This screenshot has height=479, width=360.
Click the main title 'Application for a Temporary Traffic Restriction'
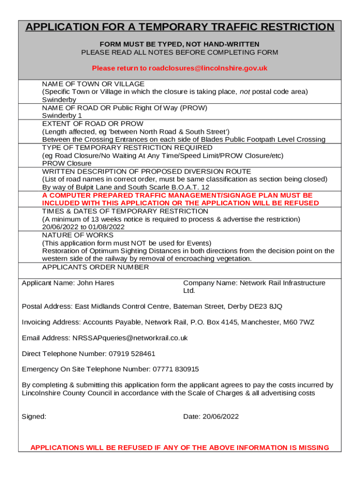(x=180, y=27)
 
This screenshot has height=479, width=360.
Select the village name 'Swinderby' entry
(x=59, y=100)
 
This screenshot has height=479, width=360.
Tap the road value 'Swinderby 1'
(x=62, y=116)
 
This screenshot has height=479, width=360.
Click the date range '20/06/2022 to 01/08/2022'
(x=83, y=227)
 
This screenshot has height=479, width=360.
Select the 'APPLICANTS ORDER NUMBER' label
(x=95, y=267)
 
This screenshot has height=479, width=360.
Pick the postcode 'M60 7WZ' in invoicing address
(x=299, y=323)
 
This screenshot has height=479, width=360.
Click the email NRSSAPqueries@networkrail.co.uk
(x=130, y=338)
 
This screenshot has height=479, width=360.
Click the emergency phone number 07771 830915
(x=175, y=370)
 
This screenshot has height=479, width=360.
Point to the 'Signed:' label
(x=34, y=417)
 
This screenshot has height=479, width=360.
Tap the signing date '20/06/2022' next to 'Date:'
(x=221, y=417)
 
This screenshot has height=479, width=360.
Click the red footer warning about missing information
(x=180, y=448)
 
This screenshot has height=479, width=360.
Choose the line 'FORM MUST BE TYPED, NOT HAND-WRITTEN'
(x=180, y=44)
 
